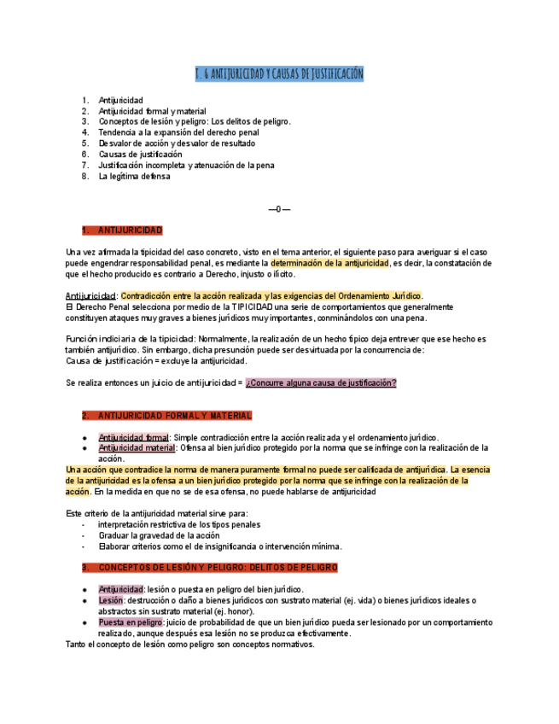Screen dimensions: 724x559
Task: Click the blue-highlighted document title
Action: [x=279, y=74]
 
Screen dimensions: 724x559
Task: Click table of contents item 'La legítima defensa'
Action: [x=134, y=177]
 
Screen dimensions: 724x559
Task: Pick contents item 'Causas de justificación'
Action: [x=140, y=155]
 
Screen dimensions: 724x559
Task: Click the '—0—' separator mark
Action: [x=279, y=209]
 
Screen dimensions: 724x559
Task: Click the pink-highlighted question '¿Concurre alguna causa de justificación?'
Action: [x=321, y=383]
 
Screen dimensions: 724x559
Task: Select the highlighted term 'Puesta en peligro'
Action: [x=131, y=622]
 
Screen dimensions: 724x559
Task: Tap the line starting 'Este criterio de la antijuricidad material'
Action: [x=156, y=514]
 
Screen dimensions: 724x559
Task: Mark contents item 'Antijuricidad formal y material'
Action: [x=152, y=111]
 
